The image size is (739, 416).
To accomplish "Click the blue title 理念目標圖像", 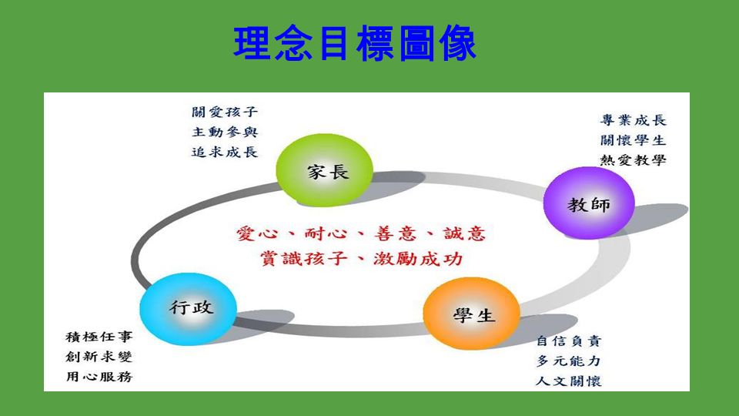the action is click(x=355, y=43).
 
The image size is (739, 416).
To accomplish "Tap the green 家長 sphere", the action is click(x=324, y=169).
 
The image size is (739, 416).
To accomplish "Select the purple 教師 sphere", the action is click(x=589, y=203).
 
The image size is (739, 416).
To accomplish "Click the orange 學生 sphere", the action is click(x=472, y=314).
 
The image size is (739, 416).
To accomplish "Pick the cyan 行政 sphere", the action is click(x=189, y=309).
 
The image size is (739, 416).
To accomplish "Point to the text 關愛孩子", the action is click(x=225, y=112).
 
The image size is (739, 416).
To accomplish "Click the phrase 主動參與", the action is click(x=225, y=132).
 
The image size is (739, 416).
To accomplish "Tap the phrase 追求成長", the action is click(x=225, y=152).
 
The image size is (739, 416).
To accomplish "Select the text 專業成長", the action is click(x=633, y=120).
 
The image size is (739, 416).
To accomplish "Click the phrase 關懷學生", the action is click(x=633, y=140).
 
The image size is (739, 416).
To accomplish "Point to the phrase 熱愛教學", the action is click(x=633, y=160).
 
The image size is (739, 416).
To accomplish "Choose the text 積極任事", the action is click(x=99, y=337).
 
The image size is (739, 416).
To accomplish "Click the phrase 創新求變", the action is click(x=99, y=357).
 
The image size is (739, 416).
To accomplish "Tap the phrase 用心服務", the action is click(x=99, y=377).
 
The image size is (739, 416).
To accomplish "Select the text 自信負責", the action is click(x=569, y=341).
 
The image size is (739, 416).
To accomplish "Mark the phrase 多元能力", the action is click(x=569, y=361).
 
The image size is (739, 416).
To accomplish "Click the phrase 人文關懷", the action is click(x=569, y=381).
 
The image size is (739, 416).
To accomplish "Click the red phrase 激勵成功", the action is click(x=417, y=259).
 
